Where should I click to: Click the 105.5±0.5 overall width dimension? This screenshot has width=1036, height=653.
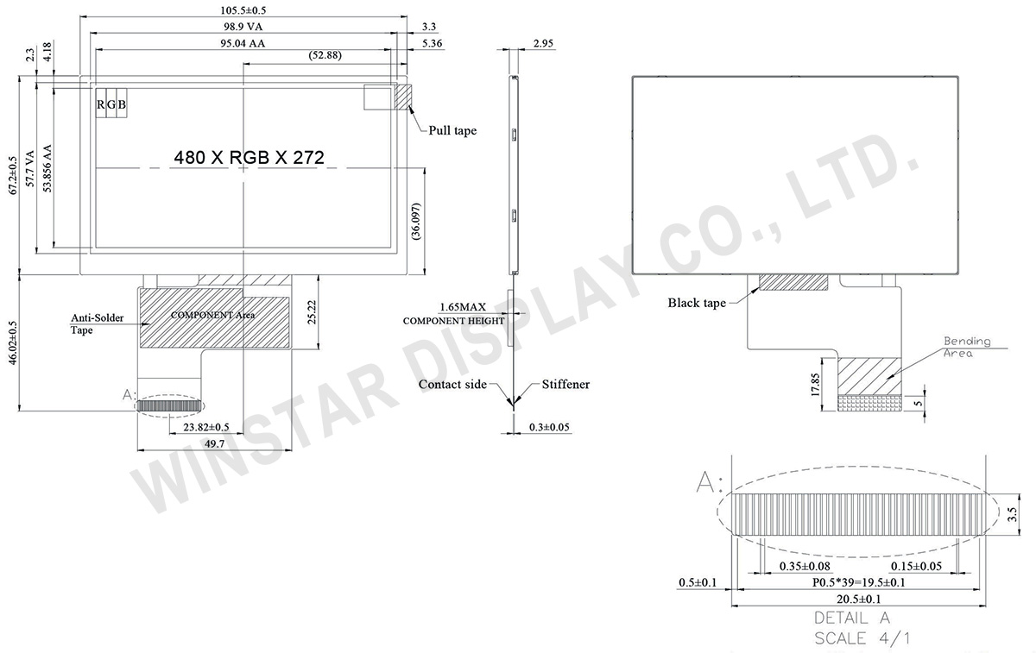click(243, 10)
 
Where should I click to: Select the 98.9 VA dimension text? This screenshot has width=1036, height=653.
click(243, 27)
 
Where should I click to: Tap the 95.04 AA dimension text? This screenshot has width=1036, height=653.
click(243, 43)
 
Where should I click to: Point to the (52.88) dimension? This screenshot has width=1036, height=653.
click(325, 55)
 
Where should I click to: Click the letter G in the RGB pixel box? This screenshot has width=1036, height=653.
click(111, 105)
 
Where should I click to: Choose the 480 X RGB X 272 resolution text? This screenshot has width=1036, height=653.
click(249, 158)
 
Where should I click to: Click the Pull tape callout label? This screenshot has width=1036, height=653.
click(452, 130)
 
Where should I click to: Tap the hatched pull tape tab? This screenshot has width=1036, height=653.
click(403, 97)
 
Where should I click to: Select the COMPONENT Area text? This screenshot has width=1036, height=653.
click(212, 315)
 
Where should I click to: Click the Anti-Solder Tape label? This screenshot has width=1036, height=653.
click(97, 323)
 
